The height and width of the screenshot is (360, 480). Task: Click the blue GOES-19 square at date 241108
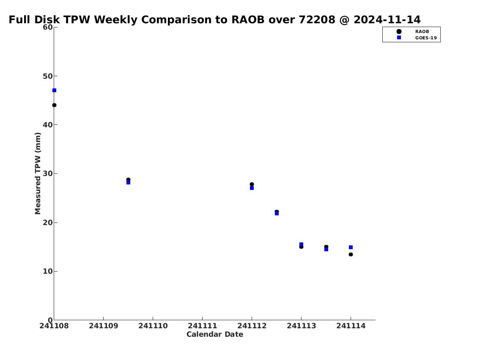(54, 90)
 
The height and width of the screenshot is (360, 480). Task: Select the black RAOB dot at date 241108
(54, 105)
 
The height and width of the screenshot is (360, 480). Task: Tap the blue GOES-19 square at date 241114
(351, 247)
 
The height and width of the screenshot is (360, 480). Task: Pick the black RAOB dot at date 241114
(351, 254)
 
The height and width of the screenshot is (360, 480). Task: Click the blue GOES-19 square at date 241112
(252, 188)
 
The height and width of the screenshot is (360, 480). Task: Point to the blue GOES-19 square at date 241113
(301, 244)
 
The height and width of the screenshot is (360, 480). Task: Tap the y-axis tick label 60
(48, 27)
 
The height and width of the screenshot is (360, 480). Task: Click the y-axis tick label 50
(48, 76)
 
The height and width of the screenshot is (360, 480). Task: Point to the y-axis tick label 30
(48, 173)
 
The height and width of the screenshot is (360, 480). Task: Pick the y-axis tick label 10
(48, 271)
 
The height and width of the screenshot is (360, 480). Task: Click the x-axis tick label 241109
(104, 326)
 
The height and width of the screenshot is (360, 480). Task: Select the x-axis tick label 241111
(202, 326)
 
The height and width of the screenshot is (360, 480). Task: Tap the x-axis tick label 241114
(351, 326)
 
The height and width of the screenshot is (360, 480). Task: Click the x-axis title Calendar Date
(215, 334)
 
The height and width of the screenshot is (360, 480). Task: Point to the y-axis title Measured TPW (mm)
(38, 173)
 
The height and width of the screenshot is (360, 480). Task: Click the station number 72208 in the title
(317, 19)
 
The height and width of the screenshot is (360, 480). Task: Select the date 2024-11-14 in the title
(387, 19)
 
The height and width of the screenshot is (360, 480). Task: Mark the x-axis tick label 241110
(153, 326)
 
